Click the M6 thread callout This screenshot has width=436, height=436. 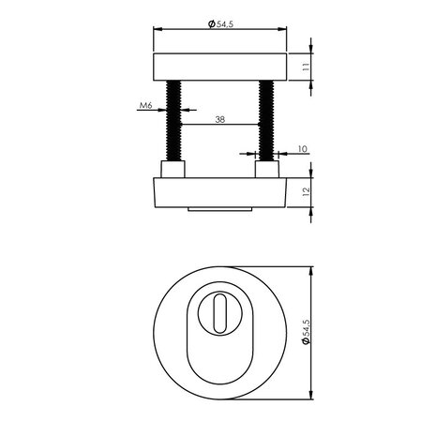click(145, 107)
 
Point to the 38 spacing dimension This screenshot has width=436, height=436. click(218, 118)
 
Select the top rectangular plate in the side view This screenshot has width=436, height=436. click(218, 68)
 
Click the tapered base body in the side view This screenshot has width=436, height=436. click(218, 194)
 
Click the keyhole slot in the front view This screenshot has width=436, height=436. click(218, 313)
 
